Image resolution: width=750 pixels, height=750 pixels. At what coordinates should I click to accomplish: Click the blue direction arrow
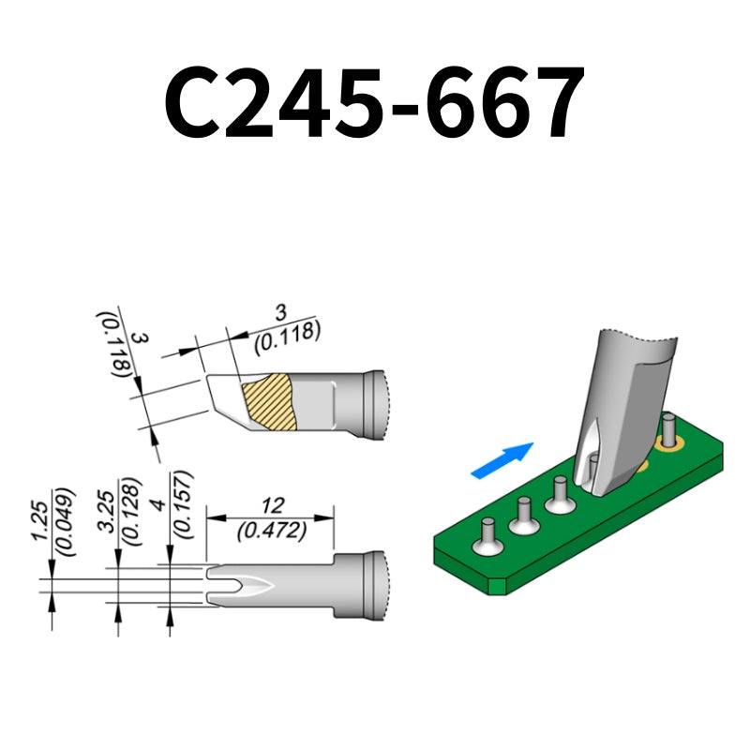click(x=502, y=460)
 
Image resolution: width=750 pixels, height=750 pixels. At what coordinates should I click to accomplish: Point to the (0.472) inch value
click(x=271, y=530)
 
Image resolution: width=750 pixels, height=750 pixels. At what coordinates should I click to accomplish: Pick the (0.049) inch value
click(x=64, y=521)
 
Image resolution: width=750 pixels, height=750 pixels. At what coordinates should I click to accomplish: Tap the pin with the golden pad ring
click(x=669, y=433)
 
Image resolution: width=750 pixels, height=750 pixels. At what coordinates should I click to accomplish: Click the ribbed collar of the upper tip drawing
click(x=373, y=405)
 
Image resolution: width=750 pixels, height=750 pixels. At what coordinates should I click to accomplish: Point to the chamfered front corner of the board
click(x=498, y=585)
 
